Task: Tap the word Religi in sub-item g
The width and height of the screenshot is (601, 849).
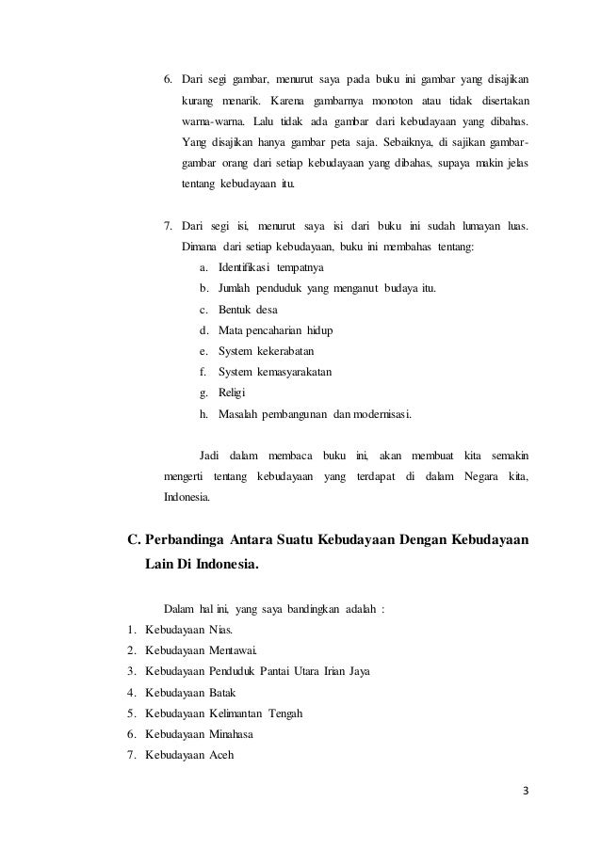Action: pos(232,393)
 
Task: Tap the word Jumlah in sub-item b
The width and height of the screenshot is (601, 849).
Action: pos(236,288)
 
